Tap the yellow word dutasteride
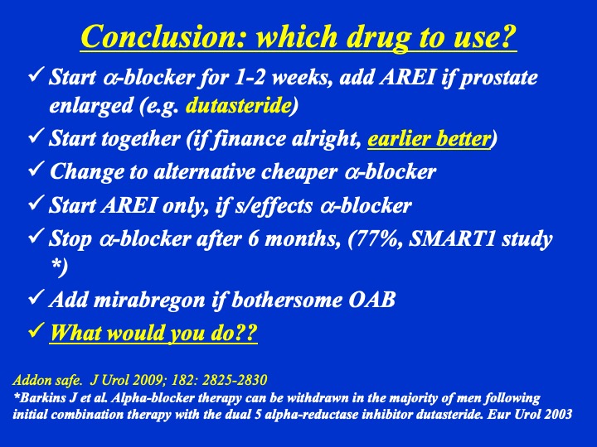239,105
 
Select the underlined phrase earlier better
430,139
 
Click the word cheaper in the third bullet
299,172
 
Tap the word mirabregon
149,300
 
